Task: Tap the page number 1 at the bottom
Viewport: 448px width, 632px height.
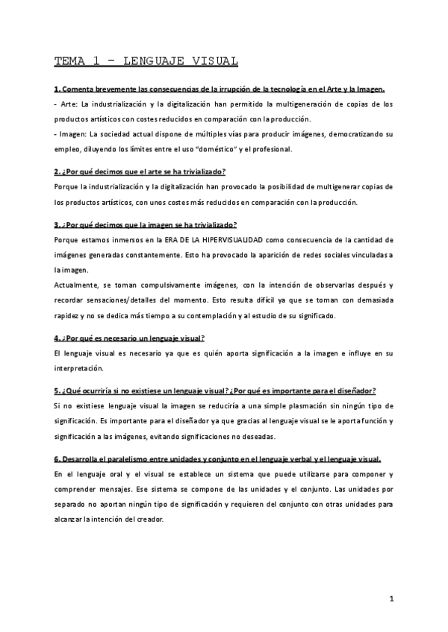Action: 391,598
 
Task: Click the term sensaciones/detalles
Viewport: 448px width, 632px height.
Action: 131,300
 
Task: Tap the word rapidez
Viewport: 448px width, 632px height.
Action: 68,315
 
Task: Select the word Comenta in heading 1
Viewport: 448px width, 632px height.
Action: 81,89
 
